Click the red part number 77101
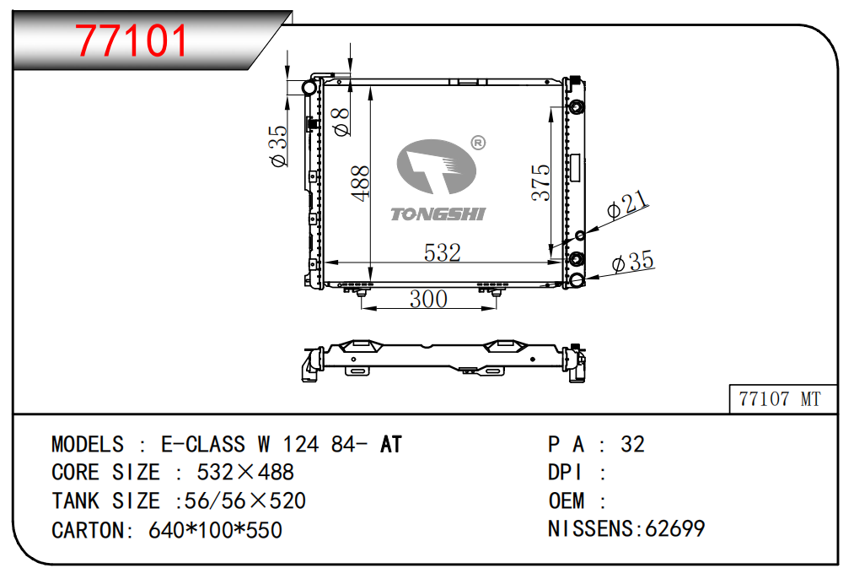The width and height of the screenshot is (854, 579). point(132,41)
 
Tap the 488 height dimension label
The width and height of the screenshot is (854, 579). point(361,184)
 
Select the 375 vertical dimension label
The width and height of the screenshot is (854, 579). point(541,182)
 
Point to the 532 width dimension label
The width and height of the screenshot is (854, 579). point(443,252)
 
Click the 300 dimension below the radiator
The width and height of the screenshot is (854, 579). point(428,299)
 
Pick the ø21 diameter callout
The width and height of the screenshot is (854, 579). point(627,204)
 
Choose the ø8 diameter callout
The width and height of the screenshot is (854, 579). point(341,121)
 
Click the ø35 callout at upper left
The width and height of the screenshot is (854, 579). point(278,146)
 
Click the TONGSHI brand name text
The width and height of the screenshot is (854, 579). point(438,214)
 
